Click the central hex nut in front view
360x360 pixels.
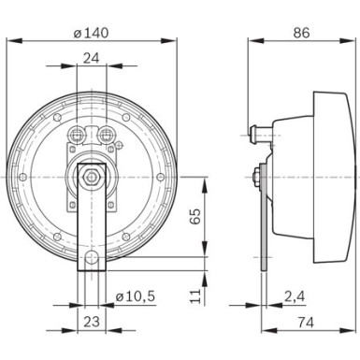91,174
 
